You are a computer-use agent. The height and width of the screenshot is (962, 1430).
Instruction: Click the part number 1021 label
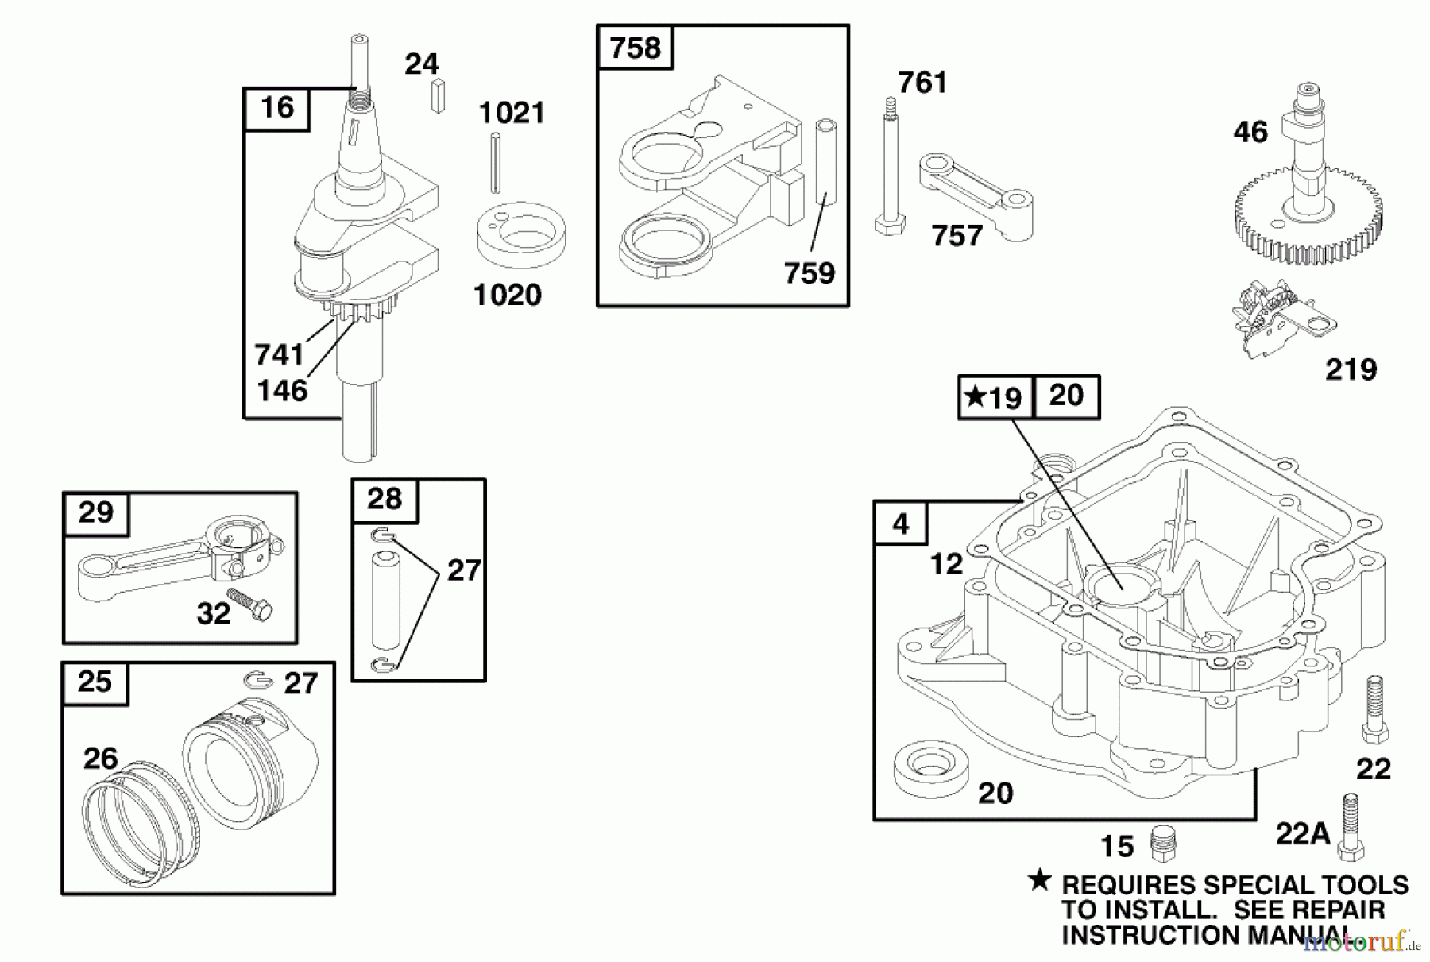512,113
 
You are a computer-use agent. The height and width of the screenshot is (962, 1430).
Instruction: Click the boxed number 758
635,48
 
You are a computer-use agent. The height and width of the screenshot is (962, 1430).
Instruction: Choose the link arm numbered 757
976,195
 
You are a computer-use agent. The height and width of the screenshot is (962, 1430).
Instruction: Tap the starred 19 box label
995,396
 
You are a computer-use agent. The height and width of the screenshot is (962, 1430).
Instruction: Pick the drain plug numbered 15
1163,842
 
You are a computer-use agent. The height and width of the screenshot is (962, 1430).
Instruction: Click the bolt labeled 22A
1351,827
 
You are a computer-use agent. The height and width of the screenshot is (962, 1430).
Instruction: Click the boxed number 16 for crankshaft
276,108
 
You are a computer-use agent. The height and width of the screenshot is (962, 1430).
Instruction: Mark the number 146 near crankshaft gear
282,390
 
